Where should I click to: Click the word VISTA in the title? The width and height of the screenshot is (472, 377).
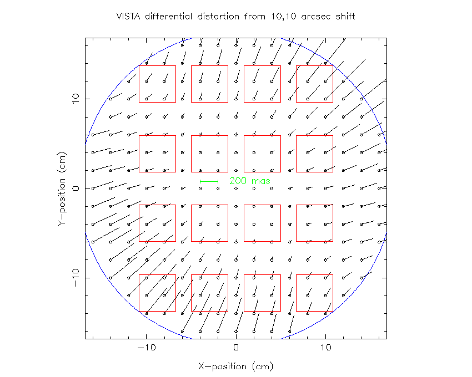coord(128,16)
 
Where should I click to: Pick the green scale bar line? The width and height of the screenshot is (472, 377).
coord(209,181)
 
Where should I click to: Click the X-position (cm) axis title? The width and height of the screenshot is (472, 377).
coord(235,366)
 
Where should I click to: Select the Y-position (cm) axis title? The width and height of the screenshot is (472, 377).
coord(63,188)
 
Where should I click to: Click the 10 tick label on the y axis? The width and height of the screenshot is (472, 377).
coord(76,99)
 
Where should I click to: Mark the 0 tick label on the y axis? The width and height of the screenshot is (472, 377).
coord(76,188)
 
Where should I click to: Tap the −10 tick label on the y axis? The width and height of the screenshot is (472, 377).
coord(76,278)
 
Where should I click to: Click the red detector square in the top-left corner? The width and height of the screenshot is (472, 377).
coord(157,84)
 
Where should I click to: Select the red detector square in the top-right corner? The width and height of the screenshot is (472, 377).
coord(315,84)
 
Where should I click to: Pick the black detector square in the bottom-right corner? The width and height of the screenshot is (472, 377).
coord(315,293)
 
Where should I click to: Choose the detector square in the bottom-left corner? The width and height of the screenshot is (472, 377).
coord(157,293)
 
